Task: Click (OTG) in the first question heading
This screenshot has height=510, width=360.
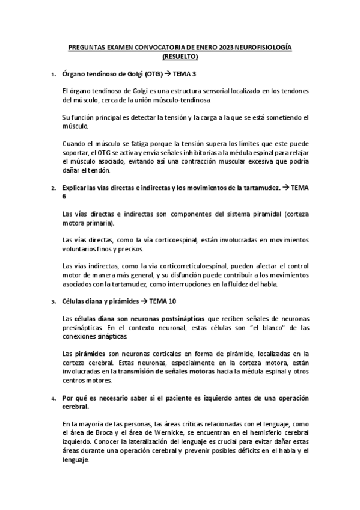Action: [147, 74]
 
